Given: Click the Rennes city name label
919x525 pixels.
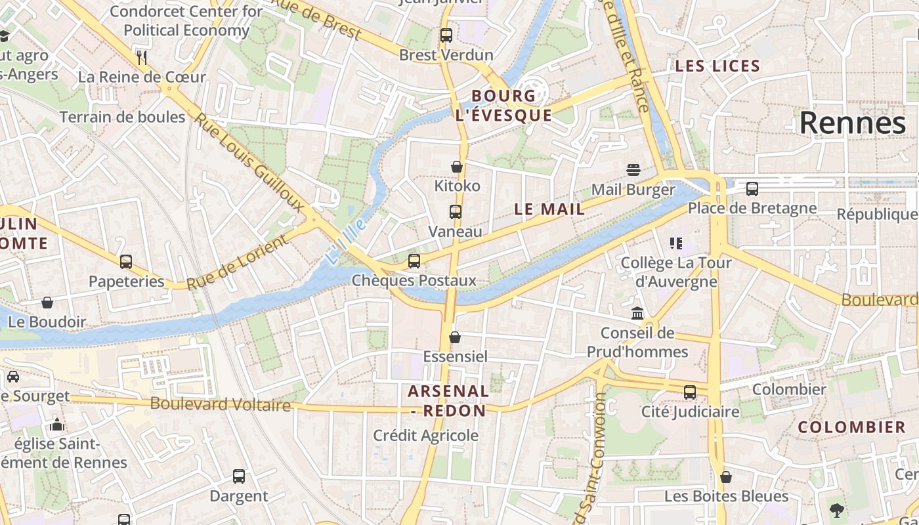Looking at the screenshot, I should (x=852, y=123).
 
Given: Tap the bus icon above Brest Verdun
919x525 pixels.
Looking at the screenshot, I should (x=446, y=35).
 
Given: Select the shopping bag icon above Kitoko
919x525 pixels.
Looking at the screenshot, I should (x=457, y=167).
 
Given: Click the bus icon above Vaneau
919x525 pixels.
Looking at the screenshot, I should (x=456, y=212).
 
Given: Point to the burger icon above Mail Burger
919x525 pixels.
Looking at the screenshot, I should (x=633, y=171).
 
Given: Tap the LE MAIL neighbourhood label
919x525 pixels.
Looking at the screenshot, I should (x=549, y=209).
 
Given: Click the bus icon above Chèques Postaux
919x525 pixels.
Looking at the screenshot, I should (x=414, y=261).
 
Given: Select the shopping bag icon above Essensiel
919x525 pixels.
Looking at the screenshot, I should (x=455, y=337).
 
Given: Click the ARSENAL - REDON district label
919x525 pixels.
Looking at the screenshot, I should (x=448, y=401).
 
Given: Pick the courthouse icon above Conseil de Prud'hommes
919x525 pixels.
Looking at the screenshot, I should (x=637, y=313).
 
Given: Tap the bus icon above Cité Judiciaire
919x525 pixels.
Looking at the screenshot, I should (x=690, y=392).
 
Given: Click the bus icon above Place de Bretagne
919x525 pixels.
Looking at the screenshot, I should (x=752, y=189).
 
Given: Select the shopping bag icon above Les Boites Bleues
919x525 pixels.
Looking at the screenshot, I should (x=726, y=477).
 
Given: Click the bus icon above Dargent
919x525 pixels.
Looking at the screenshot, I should (x=239, y=476).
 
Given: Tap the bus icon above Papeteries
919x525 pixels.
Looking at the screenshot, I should (x=126, y=262).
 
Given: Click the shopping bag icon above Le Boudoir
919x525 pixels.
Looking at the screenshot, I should (x=47, y=303).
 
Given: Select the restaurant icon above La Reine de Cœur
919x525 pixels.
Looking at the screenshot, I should (x=142, y=57).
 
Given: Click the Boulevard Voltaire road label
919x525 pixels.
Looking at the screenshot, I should (x=220, y=404).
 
